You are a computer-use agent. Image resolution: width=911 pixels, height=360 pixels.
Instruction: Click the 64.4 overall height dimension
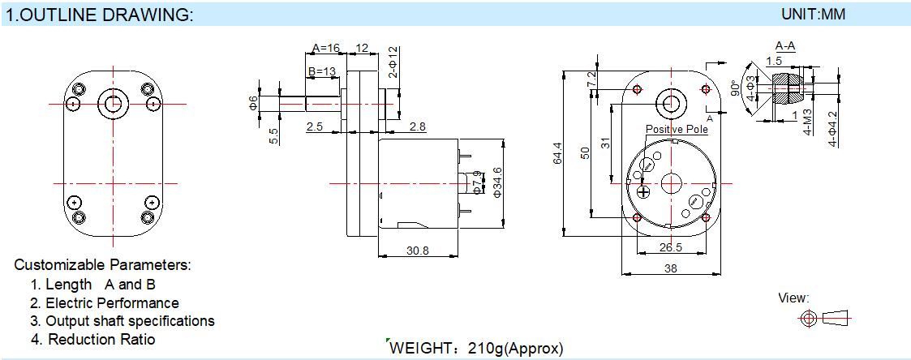pos(558,153)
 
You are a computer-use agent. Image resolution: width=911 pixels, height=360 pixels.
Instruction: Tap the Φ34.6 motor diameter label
pos(496,182)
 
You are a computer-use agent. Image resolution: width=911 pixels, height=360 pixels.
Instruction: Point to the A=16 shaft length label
pos(325,48)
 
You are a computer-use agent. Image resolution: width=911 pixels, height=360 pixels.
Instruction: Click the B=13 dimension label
pos(322,71)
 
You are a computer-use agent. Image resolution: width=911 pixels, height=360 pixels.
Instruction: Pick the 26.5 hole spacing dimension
pos(670,248)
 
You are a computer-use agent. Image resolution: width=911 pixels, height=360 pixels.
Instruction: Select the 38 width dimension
pos(670,268)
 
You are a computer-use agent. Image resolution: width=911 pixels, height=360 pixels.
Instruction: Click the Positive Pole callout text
pos(677,129)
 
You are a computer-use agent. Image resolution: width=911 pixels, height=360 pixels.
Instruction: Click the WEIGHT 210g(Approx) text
pos(476,349)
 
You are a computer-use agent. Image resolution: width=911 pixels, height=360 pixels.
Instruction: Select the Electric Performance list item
pos(105,302)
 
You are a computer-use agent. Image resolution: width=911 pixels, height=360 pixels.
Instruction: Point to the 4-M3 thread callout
pos(808,124)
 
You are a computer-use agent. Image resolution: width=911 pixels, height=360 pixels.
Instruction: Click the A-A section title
pos(785,45)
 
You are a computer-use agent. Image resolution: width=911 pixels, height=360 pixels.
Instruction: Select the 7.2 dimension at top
pos(592,79)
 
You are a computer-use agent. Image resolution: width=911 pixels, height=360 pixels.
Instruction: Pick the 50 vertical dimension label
pos(585,152)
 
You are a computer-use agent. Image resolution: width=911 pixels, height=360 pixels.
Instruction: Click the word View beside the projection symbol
pos(793,298)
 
